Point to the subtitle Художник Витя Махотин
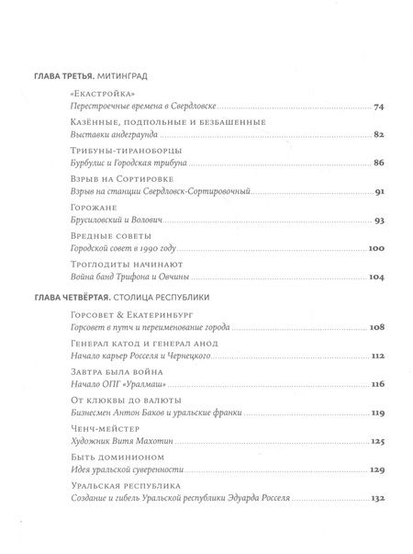click(121, 442)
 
